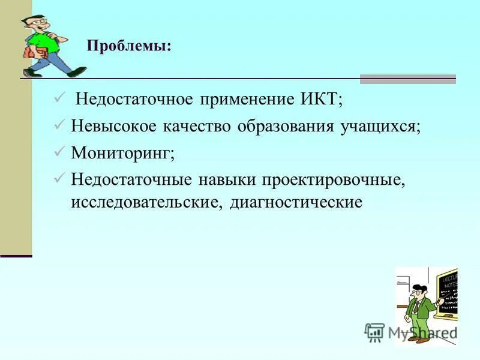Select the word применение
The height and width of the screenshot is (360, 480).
(241, 99)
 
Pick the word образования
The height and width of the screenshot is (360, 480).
(280, 126)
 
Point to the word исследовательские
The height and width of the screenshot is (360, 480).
(147, 202)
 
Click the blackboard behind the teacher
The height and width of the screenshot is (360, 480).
(447, 294)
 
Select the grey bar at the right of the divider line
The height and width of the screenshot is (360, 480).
(407, 79)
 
